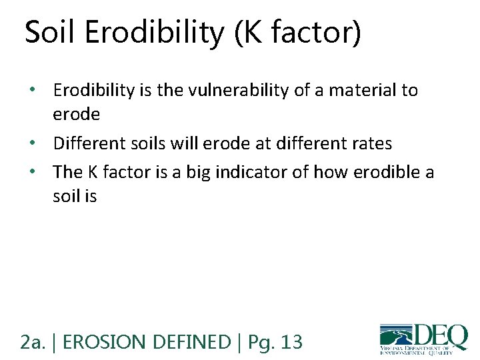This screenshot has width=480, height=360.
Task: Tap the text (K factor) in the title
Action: point(298,33)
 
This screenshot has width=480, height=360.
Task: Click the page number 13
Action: point(291,343)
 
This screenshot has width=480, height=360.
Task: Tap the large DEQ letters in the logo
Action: point(441,335)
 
